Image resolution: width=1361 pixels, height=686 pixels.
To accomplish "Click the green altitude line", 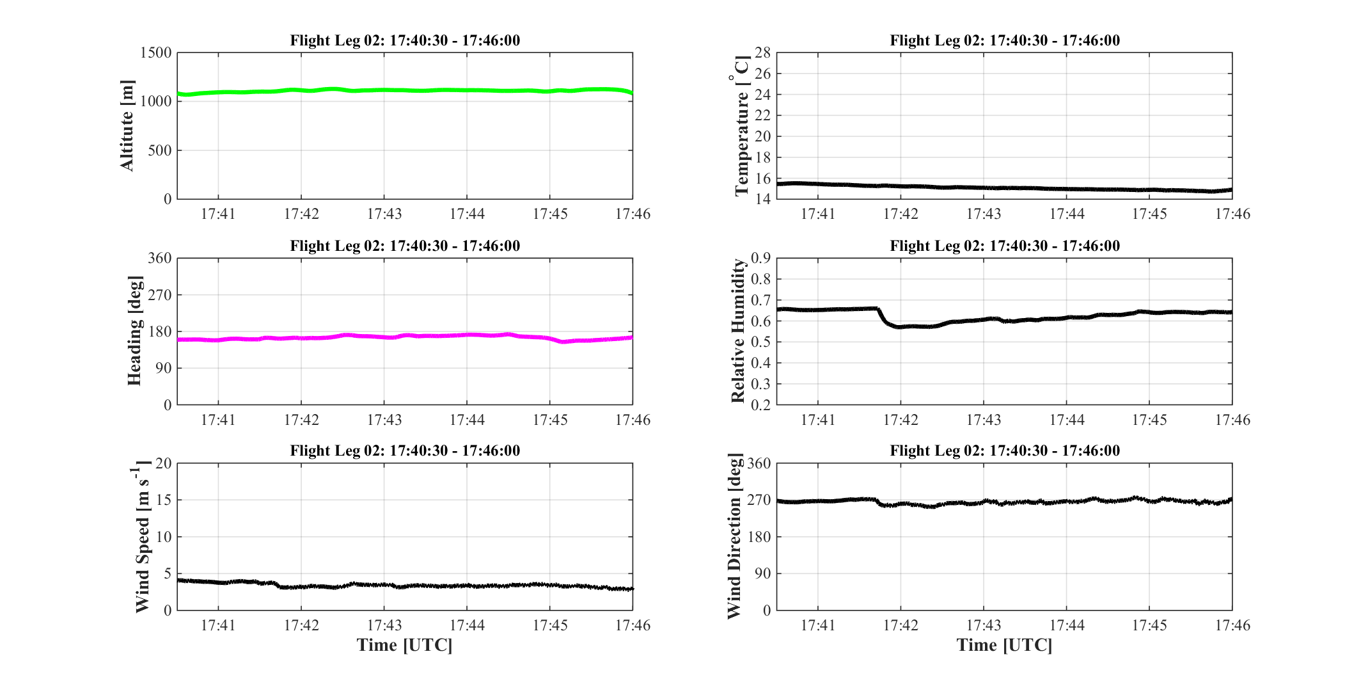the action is coord(405,90).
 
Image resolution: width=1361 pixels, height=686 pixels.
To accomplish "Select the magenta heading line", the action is coord(405,337).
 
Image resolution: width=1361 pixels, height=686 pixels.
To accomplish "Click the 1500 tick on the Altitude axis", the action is coord(156,53).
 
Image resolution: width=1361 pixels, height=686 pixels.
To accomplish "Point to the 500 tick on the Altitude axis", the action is coord(161,150).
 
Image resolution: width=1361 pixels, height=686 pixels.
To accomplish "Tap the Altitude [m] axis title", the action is coord(127,125).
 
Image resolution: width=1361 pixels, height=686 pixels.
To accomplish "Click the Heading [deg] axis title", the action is coord(134,331).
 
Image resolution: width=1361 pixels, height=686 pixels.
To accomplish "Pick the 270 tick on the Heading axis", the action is coord(160,295).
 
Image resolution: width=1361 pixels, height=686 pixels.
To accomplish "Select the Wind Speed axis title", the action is coord(142,536).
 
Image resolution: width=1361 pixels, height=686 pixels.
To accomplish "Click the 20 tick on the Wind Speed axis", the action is coord(164,463).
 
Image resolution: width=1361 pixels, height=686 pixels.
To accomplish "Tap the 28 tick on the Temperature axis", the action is coord(763,53).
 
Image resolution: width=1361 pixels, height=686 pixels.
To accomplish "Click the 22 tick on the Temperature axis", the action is coord(763,116).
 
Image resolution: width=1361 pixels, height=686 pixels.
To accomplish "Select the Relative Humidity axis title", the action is coord(738,331).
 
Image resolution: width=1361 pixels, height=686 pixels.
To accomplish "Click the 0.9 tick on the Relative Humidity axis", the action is coord(761,259).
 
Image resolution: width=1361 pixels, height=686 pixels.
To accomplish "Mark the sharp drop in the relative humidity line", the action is coord(885,317).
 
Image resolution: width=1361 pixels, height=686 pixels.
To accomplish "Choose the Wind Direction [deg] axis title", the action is coord(735,536).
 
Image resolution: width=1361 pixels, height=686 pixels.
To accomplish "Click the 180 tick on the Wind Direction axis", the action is coord(759,537).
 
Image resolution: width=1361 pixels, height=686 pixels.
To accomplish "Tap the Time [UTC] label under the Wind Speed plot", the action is coord(405,645).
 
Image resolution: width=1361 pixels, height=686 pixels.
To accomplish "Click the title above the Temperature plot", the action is coord(1005,40).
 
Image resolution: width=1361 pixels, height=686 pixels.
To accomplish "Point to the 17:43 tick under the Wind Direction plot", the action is coord(984,625).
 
